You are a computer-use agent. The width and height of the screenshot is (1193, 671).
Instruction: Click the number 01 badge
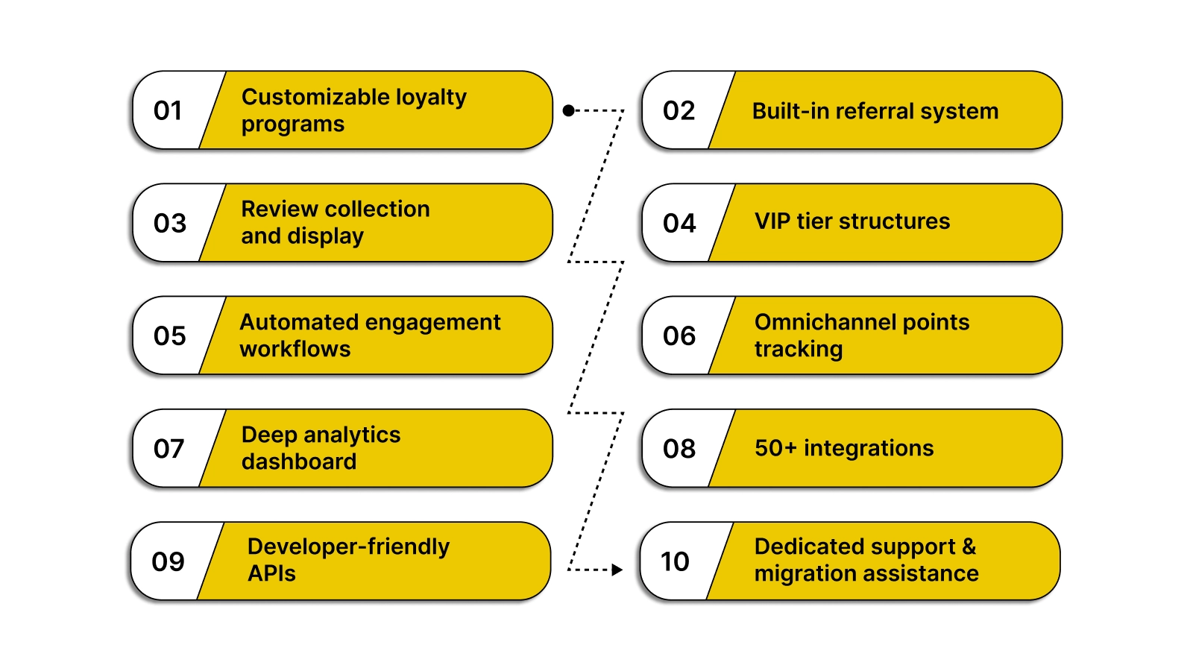(x=169, y=111)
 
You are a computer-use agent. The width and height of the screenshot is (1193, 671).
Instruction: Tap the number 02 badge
(x=679, y=111)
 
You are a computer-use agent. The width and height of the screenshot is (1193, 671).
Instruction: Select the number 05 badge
(x=170, y=336)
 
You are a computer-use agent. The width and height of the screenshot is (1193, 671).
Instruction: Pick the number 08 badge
(x=679, y=449)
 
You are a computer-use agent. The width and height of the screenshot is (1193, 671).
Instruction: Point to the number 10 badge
(x=675, y=561)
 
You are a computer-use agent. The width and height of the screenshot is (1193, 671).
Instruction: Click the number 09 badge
(x=168, y=561)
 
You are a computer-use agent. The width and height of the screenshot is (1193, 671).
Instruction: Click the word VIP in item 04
(x=772, y=221)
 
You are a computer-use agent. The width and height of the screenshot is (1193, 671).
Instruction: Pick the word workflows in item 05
(x=295, y=349)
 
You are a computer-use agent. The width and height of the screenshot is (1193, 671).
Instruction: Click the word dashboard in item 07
(x=299, y=461)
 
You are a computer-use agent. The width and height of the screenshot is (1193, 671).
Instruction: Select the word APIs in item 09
(x=271, y=573)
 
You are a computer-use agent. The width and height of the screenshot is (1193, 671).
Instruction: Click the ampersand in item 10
(x=969, y=546)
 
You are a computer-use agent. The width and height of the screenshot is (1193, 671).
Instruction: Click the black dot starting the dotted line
(x=568, y=110)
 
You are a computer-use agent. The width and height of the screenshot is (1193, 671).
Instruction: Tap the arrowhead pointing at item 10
(x=617, y=570)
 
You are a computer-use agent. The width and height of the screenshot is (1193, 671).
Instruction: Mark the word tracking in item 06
(x=799, y=349)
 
